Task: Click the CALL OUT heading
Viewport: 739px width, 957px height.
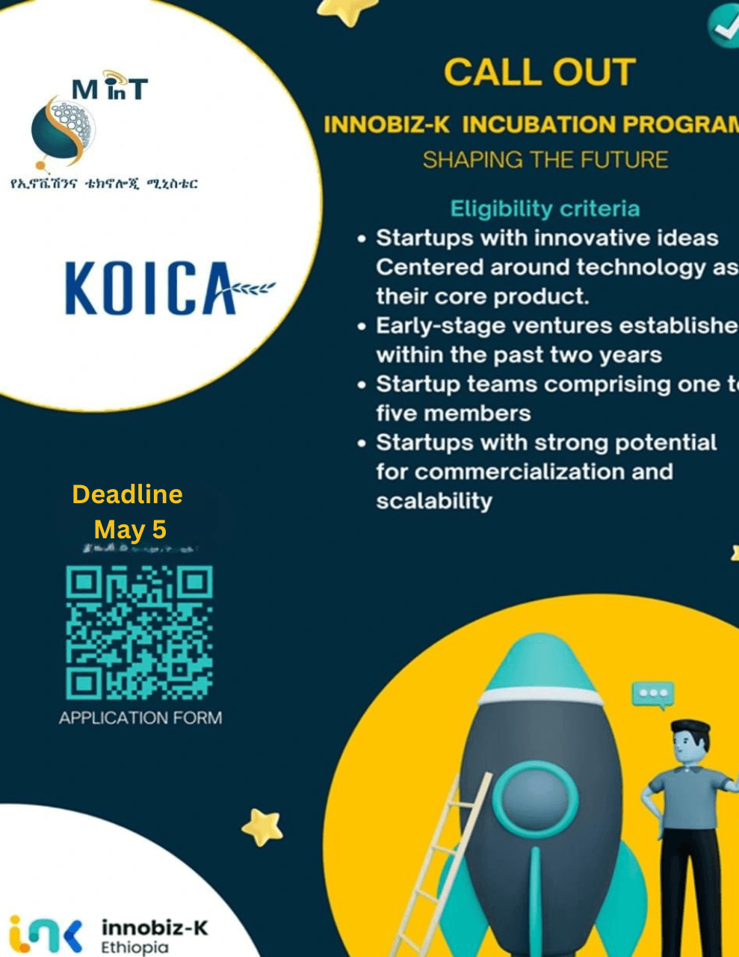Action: (x=539, y=73)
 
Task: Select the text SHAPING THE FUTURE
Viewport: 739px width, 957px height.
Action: (x=545, y=160)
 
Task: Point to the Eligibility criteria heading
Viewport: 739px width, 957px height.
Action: (x=545, y=209)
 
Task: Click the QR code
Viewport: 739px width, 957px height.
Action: (x=140, y=633)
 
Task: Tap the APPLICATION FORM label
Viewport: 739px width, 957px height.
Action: (x=140, y=718)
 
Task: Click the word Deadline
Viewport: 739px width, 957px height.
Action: (x=127, y=494)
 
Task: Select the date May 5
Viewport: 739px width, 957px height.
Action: (x=130, y=529)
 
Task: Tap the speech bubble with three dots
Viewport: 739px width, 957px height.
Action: (x=652, y=694)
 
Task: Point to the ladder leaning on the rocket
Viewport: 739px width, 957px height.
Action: (x=441, y=867)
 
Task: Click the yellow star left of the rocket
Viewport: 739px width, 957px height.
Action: (x=263, y=826)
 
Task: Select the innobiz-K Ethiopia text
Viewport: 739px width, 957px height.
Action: (x=154, y=936)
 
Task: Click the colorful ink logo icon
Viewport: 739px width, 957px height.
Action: (x=45, y=935)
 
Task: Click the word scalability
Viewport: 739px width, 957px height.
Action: (x=434, y=501)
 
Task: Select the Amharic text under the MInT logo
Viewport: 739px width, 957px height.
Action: (x=104, y=183)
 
